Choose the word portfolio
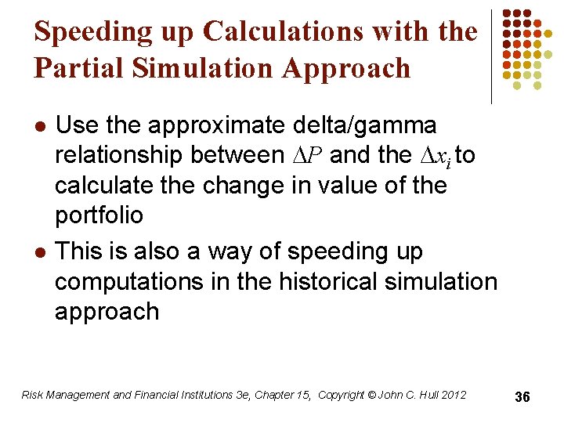tap(99, 215)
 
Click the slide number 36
tap(522, 398)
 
